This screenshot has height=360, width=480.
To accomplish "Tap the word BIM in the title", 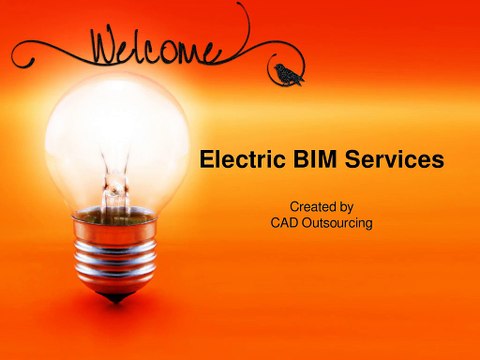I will pos(307,159).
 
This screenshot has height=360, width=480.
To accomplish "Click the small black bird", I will pos(288,73).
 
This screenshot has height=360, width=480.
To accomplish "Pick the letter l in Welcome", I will pos(153,44).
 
